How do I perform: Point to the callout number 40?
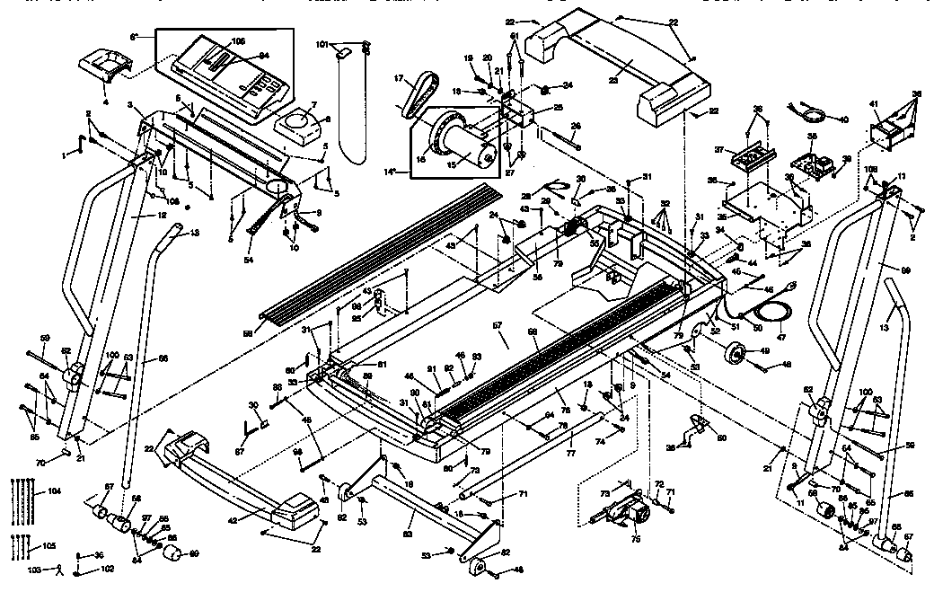[842, 119]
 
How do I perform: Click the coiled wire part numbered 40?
[815, 113]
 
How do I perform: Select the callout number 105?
[49, 546]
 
